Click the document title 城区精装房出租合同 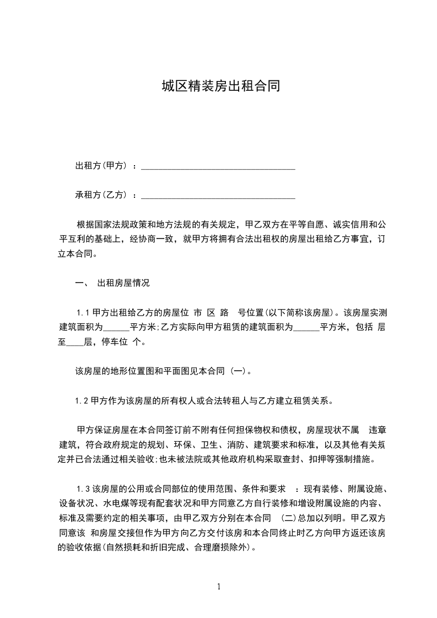click(218, 86)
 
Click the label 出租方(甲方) click(102, 165)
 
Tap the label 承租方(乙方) click(102, 194)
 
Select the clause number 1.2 click(82, 400)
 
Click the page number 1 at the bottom click(219, 587)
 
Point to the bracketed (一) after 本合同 click(239, 371)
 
